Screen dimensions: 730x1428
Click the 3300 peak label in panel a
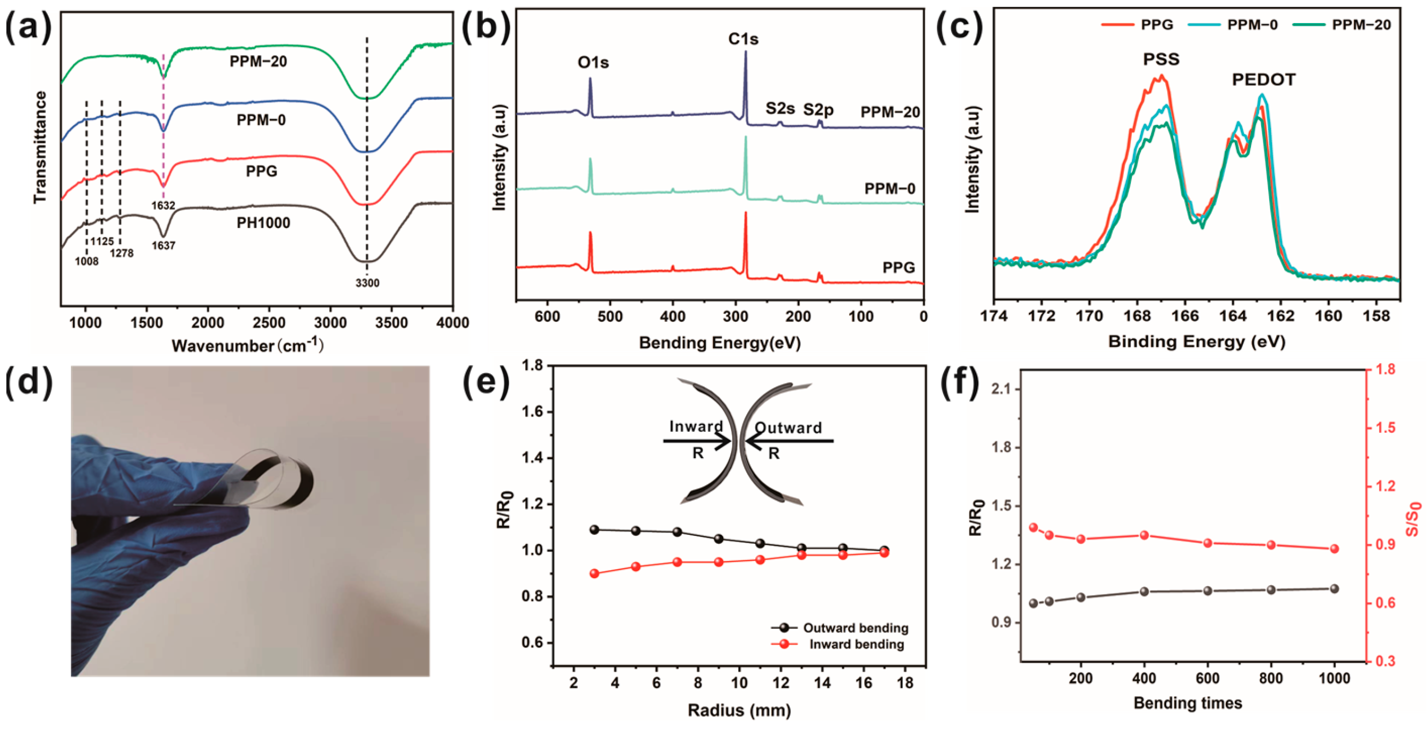[367, 283]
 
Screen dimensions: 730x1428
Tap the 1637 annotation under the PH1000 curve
[164, 245]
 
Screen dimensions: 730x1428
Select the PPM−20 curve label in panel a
[259, 62]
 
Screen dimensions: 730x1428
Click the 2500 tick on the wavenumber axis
[269, 322]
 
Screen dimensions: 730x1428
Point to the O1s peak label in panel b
[593, 63]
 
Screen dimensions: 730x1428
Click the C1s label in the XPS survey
[744, 39]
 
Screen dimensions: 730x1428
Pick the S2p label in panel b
[818, 109]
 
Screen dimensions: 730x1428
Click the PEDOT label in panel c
[1264, 80]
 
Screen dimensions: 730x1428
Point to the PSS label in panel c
[1161, 60]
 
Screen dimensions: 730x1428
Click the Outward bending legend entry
[856, 628]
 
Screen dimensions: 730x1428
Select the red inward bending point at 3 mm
[594, 574]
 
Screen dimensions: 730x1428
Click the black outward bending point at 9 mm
[718, 539]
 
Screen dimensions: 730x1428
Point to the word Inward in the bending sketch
[696, 426]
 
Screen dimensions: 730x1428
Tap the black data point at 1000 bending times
[1334, 588]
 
